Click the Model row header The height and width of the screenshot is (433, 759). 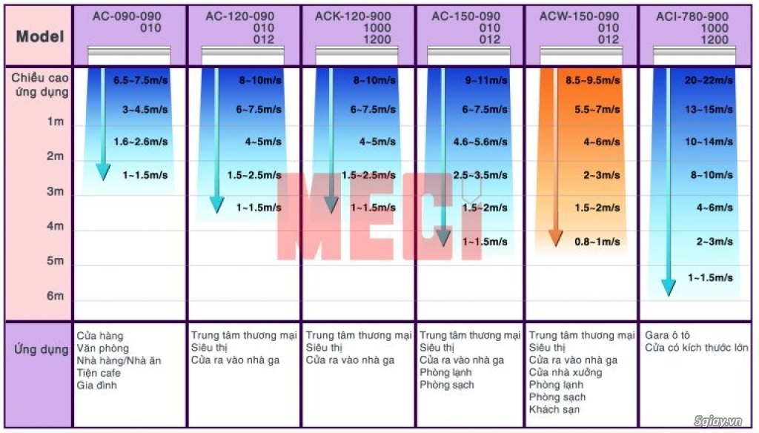pyautogui.click(x=39, y=36)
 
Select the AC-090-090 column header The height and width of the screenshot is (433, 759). pyautogui.click(x=127, y=16)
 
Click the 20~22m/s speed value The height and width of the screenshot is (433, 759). pyautogui.click(x=709, y=80)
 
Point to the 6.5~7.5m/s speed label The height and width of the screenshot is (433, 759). pyautogui.click(x=142, y=80)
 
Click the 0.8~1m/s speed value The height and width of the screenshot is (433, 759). pyautogui.click(x=597, y=242)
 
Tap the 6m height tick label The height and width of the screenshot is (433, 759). pyautogui.click(x=56, y=296)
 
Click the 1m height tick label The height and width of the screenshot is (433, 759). pyautogui.click(x=56, y=122)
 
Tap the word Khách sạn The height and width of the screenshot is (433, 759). pyautogui.click(x=554, y=409)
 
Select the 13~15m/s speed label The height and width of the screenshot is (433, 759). pyautogui.click(x=709, y=110)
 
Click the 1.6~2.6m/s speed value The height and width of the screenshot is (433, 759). pyautogui.click(x=141, y=142)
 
